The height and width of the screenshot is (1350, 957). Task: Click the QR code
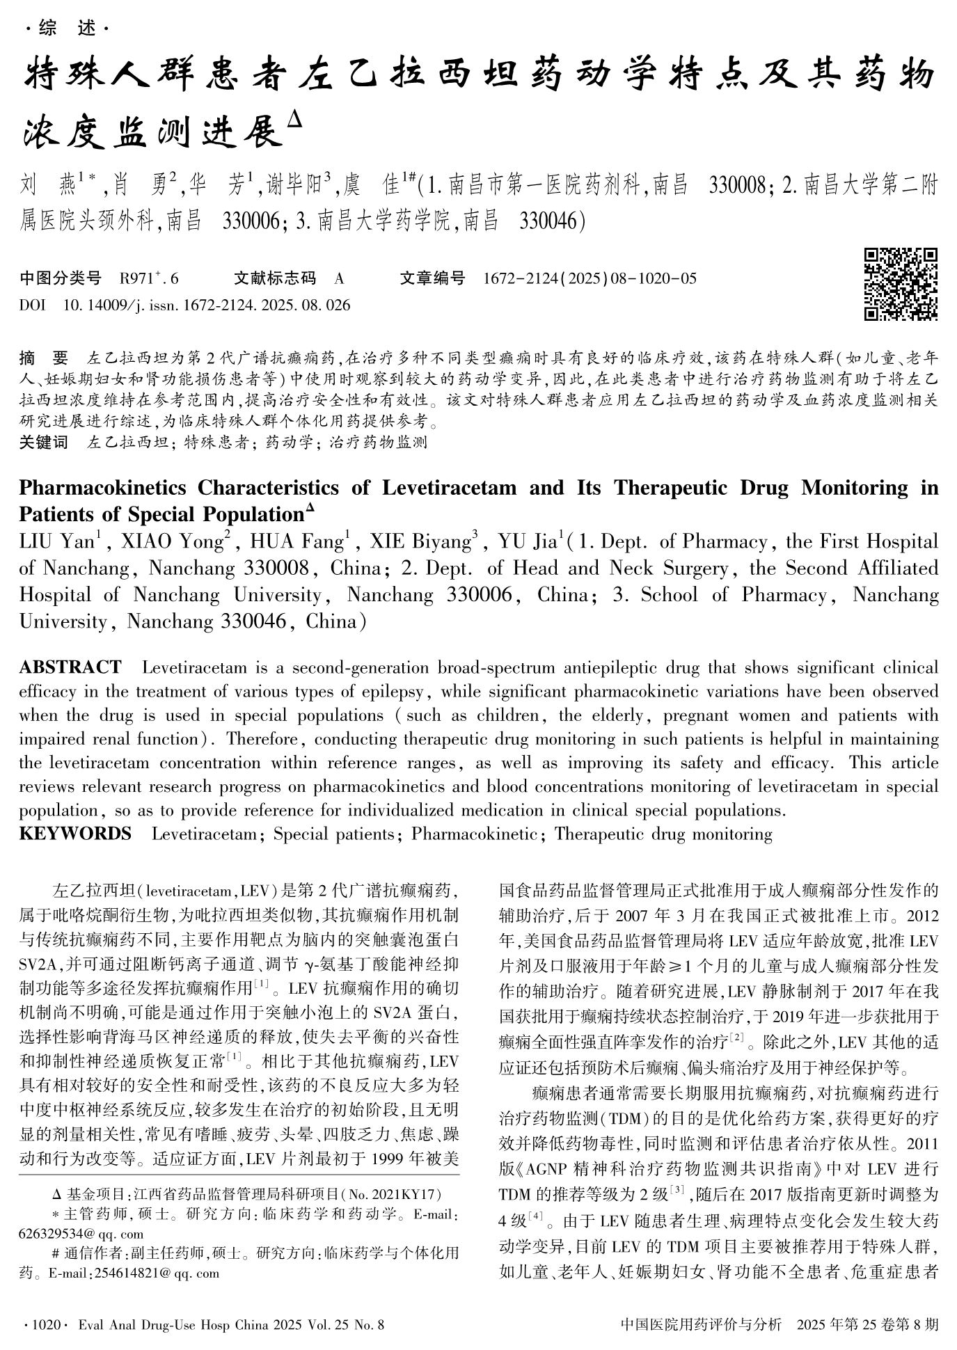point(901,284)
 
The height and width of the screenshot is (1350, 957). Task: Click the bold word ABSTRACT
point(70,667)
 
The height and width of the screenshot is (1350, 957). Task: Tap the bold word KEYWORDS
point(75,833)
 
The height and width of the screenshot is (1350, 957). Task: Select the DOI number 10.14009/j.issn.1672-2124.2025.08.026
point(207,305)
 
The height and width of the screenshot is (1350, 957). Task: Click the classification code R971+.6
point(149,279)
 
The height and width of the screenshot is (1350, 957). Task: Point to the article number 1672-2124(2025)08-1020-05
point(590,279)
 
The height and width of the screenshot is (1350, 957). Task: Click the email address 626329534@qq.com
point(82,1234)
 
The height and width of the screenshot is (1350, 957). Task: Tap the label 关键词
point(44,442)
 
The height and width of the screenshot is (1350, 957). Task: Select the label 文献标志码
point(274,279)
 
